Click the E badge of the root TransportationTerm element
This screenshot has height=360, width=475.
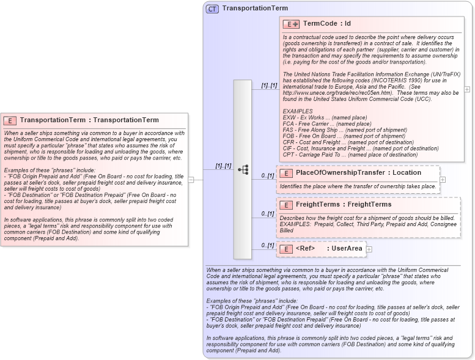[x=11, y=120]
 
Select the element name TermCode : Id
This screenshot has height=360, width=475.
[x=326, y=24]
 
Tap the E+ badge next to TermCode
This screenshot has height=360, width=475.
[x=291, y=24]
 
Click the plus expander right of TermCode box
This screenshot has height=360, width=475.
[x=467, y=89]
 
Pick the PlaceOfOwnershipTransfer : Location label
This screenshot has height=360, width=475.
[x=359, y=173]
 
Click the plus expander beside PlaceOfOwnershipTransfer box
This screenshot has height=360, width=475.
[x=443, y=180]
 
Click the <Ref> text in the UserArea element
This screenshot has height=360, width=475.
[x=305, y=249]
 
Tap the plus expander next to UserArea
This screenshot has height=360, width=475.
[x=369, y=249]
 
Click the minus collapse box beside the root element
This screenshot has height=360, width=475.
[x=191, y=180]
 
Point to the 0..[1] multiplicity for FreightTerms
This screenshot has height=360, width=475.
[x=267, y=214]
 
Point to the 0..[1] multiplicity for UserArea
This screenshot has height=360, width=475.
[x=267, y=245]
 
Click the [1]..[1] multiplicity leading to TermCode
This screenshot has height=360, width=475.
[x=269, y=86]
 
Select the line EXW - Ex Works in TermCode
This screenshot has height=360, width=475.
[x=325, y=117]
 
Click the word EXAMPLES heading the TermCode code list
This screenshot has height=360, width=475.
[x=298, y=111]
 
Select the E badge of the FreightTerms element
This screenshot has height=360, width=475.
[x=285, y=205]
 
